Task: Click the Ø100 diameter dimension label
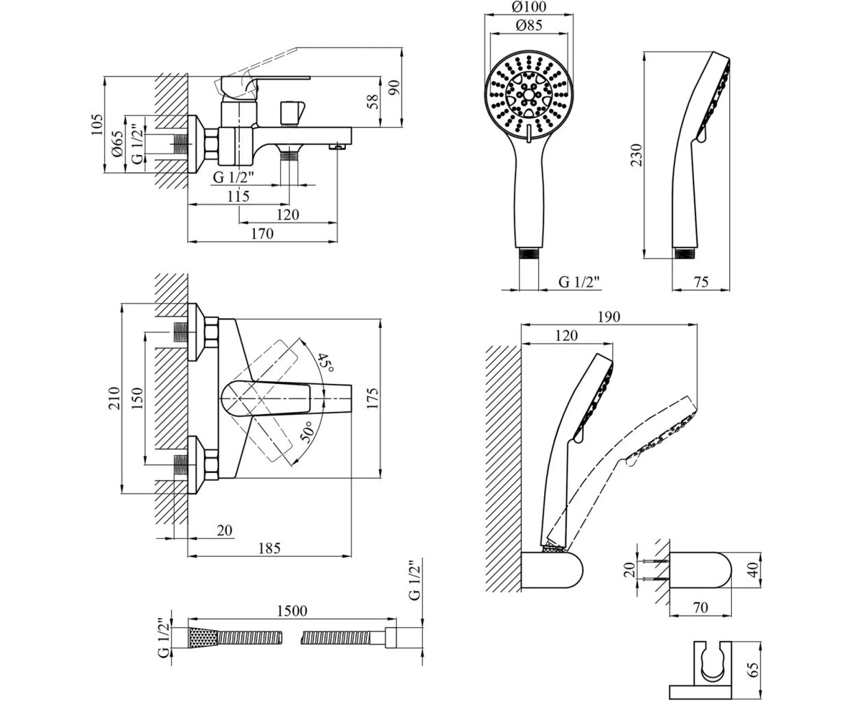529,7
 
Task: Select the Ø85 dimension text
529,25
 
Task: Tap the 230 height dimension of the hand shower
636,155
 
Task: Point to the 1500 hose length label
292,611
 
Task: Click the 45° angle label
326,363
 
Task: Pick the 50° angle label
308,432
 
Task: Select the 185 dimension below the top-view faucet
270,548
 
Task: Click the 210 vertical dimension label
114,398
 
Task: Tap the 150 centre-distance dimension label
138,398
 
